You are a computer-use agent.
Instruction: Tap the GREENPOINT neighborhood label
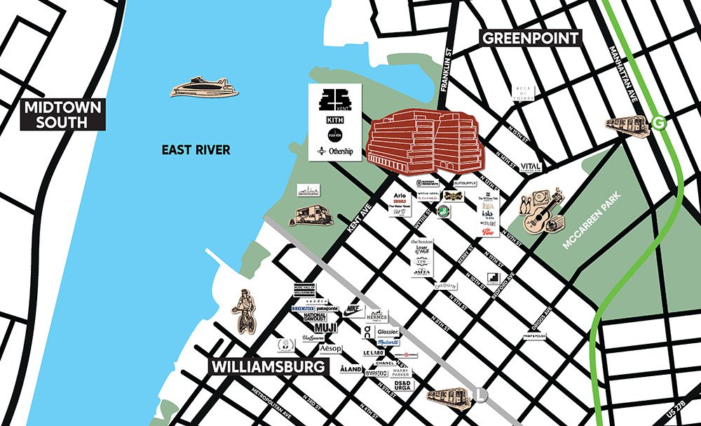click(x=530, y=38)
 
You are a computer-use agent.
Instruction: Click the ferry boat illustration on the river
click(x=204, y=88)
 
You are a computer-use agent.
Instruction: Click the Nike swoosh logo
click(x=354, y=309)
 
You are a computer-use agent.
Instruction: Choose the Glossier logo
click(x=388, y=331)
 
